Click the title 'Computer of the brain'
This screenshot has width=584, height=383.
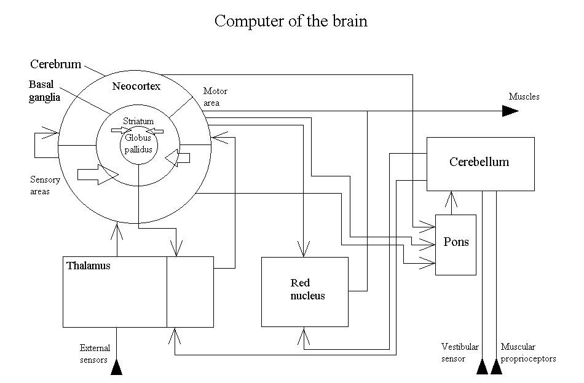[x=291, y=21]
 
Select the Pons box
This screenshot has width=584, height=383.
[x=456, y=244]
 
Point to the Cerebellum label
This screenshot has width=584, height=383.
[x=479, y=162]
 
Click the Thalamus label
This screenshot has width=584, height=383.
[x=88, y=266]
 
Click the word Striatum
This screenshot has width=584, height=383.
[x=138, y=122]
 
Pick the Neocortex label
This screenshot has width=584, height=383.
[x=136, y=87]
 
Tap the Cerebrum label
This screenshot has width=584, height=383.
[x=57, y=64]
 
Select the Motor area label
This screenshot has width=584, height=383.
[x=215, y=97]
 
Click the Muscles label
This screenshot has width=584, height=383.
[x=524, y=97]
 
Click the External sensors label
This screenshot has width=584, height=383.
[x=95, y=353]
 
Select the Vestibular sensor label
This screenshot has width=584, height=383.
[x=459, y=352]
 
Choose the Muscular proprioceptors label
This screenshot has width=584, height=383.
[x=528, y=352]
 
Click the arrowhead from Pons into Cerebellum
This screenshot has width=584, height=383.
[x=453, y=199]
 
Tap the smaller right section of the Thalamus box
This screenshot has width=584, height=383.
[x=190, y=291]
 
